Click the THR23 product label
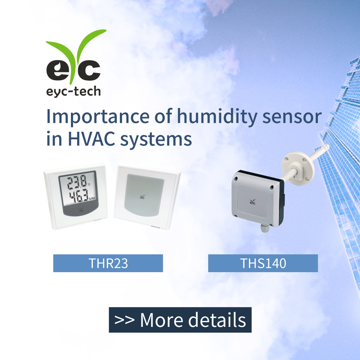[108, 263]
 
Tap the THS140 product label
[263, 263]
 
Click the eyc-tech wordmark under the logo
[73, 92]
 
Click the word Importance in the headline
[98, 117]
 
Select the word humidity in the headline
[217, 117]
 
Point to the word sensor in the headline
[292, 117]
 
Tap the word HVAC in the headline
[91, 139]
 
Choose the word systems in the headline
[156, 140]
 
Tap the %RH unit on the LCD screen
[92, 198]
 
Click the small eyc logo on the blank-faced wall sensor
[142, 197]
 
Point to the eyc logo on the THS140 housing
[252, 202]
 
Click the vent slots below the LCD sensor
[98, 220]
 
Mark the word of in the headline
[163, 116]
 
